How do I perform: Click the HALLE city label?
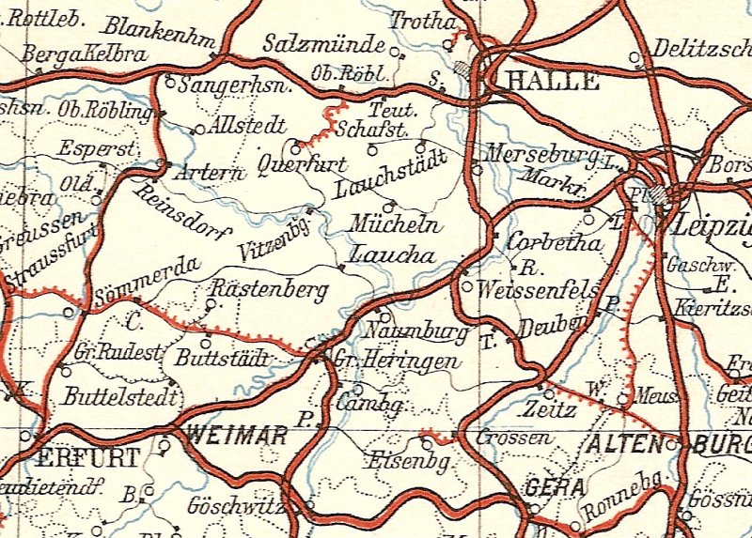point(552,81)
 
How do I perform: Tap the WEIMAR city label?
point(237,435)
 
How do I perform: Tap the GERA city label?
point(556,488)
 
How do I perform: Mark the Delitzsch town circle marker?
point(635,57)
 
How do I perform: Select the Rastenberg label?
point(271,289)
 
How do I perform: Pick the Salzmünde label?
point(325,44)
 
